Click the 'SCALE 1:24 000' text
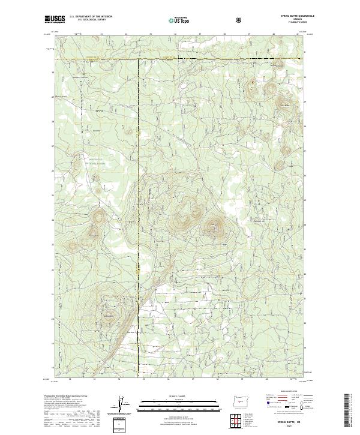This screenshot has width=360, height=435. [x=179, y=394]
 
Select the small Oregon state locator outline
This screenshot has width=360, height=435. [x=241, y=398]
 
